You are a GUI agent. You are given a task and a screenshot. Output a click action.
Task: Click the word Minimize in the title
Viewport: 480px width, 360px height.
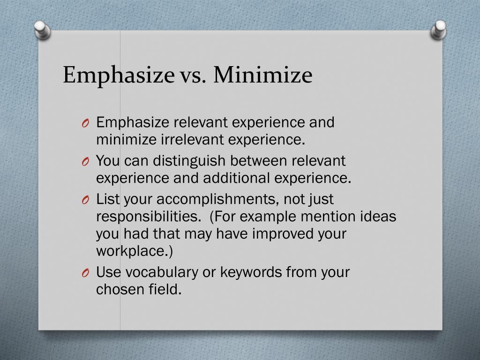pyautogui.click(x=263, y=75)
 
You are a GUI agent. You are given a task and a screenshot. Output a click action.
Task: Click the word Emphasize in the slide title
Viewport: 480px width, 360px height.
pyautogui.click(x=119, y=75)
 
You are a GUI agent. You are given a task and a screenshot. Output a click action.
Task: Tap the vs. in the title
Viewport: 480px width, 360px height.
pyautogui.click(x=193, y=76)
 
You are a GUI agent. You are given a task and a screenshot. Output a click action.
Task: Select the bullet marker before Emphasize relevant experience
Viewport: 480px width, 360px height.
pyautogui.click(x=85, y=123)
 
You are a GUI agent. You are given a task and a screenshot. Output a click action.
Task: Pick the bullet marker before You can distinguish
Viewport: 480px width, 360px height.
pyautogui.click(x=85, y=162)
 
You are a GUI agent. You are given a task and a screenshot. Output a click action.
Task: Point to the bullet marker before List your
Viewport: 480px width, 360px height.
pyautogui.click(x=85, y=200)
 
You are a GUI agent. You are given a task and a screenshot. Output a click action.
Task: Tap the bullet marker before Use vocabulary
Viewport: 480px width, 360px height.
pyautogui.click(x=85, y=273)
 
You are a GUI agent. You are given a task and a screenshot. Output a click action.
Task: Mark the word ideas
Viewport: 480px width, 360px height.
pyautogui.click(x=379, y=217)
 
